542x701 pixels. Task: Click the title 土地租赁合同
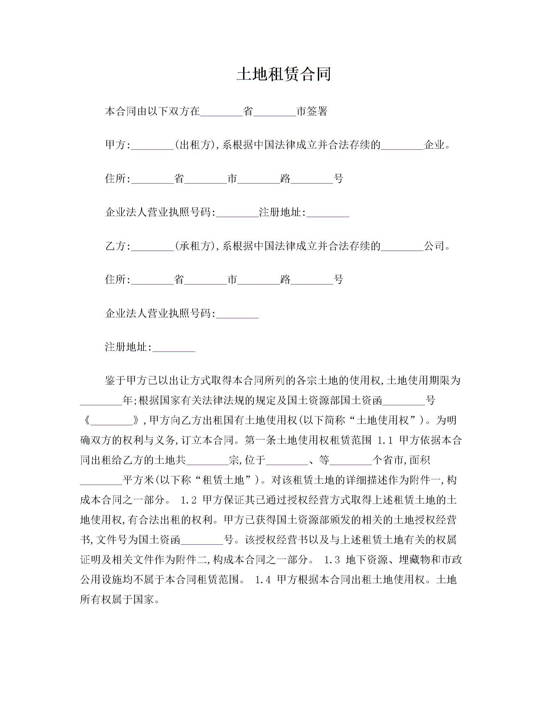click(x=284, y=74)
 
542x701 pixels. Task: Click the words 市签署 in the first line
click(x=312, y=112)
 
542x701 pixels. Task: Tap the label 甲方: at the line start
click(x=118, y=145)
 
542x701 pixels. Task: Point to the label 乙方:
click(x=118, y=246)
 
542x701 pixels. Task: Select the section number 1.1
click(x=385, y=440)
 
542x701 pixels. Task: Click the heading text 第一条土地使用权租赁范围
click(x=308, y=440)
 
